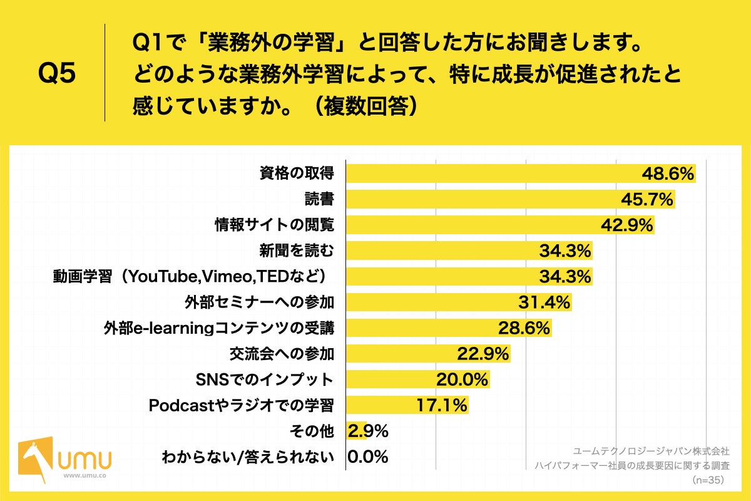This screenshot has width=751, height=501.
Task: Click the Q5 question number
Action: click(57, 73)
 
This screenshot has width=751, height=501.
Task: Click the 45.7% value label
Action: click(647, 199)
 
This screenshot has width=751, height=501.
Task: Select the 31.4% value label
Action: click(544, 302)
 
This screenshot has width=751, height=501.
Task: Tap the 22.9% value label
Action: click(483, 354)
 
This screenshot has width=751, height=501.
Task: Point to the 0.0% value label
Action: click(368, 457)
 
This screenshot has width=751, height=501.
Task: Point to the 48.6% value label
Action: click(668, 173)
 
